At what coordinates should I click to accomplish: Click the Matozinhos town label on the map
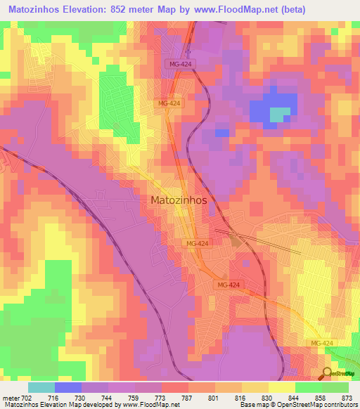tap(179, 200)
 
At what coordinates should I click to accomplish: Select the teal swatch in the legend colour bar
tap(41, 387)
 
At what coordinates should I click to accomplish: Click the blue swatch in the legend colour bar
tap(68, 387)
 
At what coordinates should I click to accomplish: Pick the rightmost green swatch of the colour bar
tap(335, 387)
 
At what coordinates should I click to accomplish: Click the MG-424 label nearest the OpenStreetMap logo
tap(323, 342)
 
